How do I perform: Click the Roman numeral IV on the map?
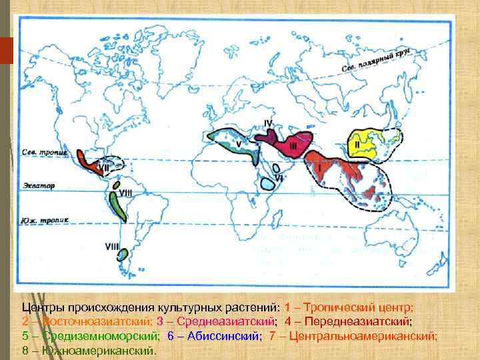(x=268, y=123)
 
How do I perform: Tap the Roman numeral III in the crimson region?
(x=294, y=146)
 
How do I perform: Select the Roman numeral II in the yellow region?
(x=357, y=143)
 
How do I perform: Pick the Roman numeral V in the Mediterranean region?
(x=238, y=142)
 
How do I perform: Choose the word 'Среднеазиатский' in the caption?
(x=219, y=321)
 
